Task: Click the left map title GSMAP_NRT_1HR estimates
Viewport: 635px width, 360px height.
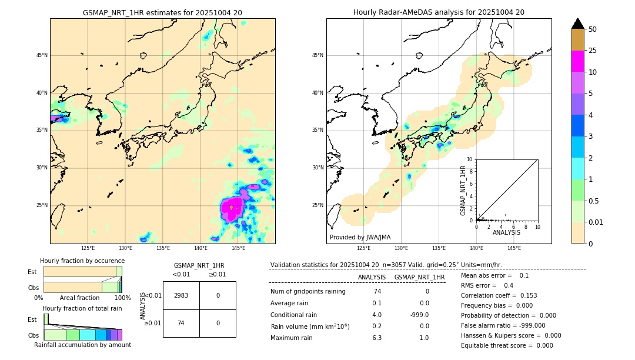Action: pyautogui.click(x=162, y=12)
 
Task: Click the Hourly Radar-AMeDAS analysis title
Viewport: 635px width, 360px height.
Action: pyautogui.click(x=439, y=12)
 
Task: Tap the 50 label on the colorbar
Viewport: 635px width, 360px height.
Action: pyautogui.click(x=593, y=29)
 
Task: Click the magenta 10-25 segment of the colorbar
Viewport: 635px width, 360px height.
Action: pyautogui.click(x=577, y=61)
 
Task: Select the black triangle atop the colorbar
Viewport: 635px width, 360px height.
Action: pyautogui.click(x=577, y=24)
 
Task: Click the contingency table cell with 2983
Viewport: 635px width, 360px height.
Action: pyautogui.click(x=181, y=295)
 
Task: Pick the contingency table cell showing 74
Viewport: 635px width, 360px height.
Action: pyautogui.click(x=181, y=323)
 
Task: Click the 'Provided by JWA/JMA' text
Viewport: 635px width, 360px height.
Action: pyautogui.click(x=360, y=238)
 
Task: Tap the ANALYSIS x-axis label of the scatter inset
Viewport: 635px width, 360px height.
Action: pyautogui.click(x=506, y=232)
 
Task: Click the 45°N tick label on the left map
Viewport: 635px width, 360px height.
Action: pyautogui.click(x=42, y=55)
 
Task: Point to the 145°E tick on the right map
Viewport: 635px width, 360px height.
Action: pyautogui.click(x=514, y=248)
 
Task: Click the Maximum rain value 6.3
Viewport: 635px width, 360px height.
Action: pyautogui.click(x=377, y=338)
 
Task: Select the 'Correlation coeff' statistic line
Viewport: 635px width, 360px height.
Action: pyautogui.click(x=499, y=295)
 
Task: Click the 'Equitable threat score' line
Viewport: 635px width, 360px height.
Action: pyautogui.click(x=507, y=345)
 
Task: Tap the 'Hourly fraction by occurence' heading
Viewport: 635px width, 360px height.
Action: pyautogui.click(x=82, y=261)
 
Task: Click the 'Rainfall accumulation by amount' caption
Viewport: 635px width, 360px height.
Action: pyautogui.click(x=82, y=345)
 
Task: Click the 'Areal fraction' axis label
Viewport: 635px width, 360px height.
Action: pyautogui.click(x=79, y=298)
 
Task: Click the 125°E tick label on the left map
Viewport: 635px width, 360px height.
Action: pyautogui.click(x=88, y=248)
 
